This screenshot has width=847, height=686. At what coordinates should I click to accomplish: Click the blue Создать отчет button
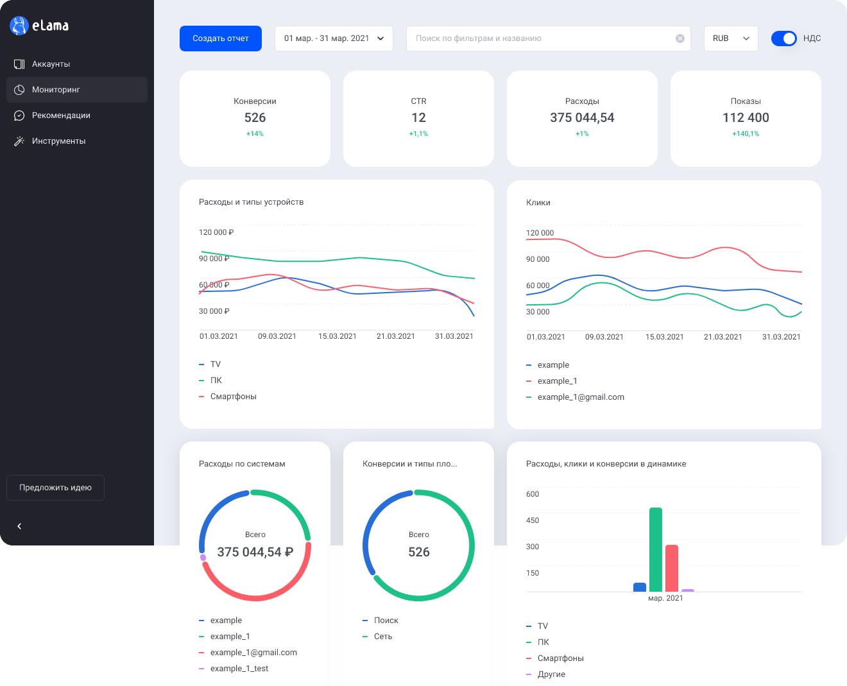[x=220, y=38]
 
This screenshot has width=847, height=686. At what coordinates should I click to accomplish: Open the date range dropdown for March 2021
[x=334, y=38]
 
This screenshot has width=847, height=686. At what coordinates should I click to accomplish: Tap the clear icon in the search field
[x=680, y=38]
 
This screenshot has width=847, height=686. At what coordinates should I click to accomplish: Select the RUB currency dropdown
[x=730, y=38]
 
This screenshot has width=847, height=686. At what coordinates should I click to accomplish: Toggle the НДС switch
[x=783, y=38]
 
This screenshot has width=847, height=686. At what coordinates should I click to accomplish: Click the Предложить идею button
[x=55, y=487]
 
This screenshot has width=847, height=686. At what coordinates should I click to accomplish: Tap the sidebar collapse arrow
[x=19, y=526]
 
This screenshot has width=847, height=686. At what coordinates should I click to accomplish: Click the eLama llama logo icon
[x=19, y=26]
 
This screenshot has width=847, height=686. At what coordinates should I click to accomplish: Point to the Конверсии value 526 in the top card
[x=255, y=117]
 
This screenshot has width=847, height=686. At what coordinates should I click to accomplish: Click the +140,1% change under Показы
[x=746, y=133]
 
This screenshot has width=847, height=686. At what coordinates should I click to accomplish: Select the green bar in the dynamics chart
[x=655, y=549]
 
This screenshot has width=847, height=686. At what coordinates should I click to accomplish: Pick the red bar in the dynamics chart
[x=672, y=568]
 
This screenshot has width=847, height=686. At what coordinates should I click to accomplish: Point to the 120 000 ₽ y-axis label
[x=216, y=232]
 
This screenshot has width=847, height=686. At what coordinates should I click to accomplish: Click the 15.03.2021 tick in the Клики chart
[x=664, y=337]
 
